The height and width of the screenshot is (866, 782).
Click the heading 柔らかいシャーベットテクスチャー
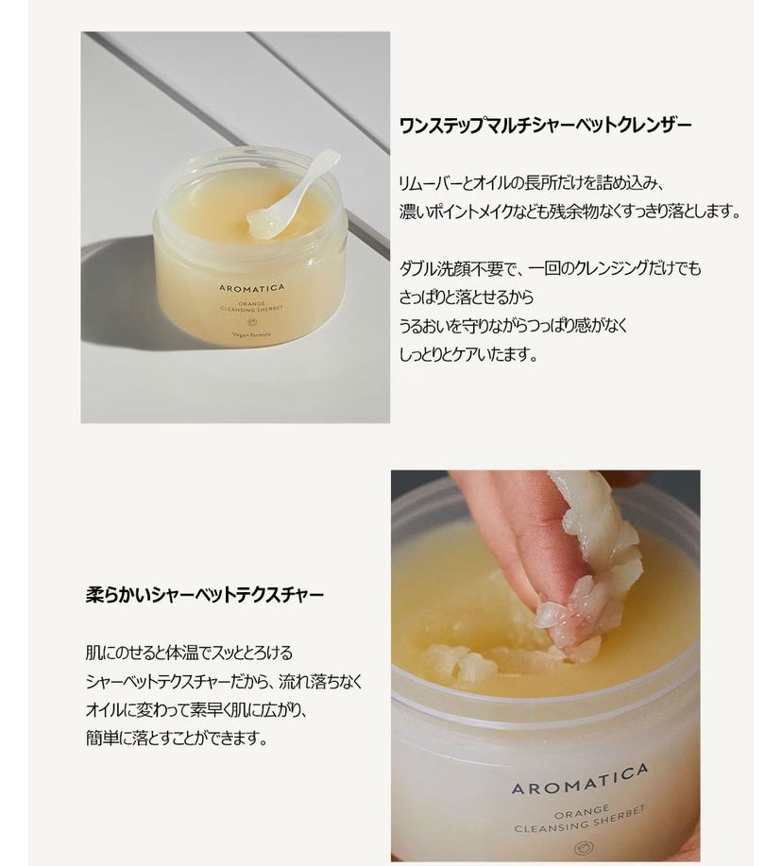point(204,595)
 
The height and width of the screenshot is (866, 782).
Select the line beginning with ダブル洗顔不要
point(551,269)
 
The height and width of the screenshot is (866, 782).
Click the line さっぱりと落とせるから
point(467,297)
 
